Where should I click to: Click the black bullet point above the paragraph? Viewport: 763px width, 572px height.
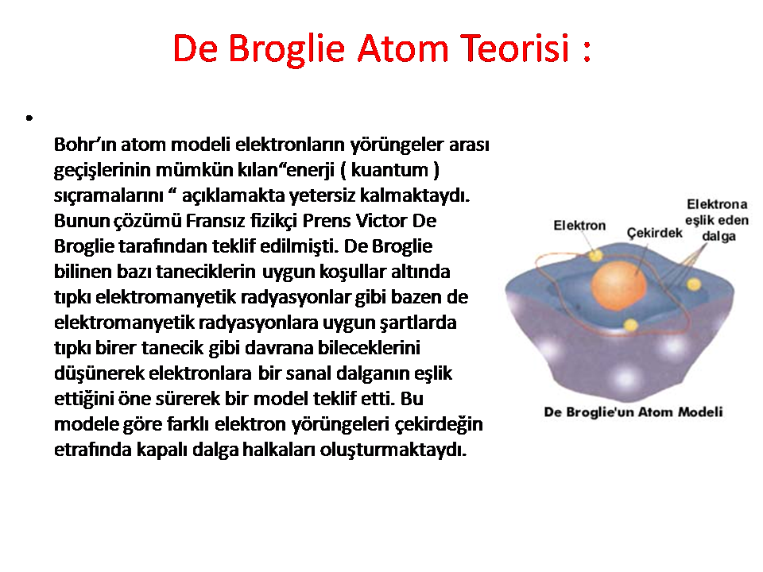coord(29,118)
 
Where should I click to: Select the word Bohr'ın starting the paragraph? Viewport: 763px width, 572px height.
coord(85,145)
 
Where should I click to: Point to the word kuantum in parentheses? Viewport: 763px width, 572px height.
coord(389,170)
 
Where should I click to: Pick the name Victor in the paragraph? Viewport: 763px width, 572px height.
coord(381,221)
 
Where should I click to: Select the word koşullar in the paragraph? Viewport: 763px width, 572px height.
coord(353,272)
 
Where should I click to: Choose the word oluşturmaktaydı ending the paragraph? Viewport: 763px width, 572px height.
coord(393,450)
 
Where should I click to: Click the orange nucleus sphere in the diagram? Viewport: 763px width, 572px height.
coord(618,286)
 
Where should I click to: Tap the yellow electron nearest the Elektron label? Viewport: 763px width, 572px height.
coord(595,255)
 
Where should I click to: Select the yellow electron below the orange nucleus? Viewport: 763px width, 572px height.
coord(630,325)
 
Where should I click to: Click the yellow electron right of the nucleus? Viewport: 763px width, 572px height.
coord(693,284)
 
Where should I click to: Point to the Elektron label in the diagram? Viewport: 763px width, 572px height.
coord(579,226)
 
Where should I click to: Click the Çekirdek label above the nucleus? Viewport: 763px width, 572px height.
coord(654,234)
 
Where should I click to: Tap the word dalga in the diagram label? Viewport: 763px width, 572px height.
coord(718,237)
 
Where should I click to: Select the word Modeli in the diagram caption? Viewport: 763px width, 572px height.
coord(700,412)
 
